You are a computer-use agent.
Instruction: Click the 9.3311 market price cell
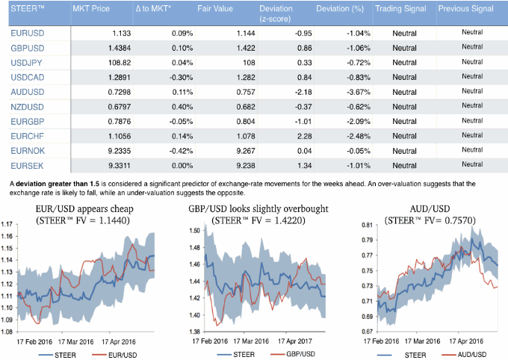pyautogui.click(x=113, y=164)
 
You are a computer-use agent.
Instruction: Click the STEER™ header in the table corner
pyautogui.click(x=29, y=8)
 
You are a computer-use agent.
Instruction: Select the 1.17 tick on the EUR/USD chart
pyautogui.click(x=8, y=223)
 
